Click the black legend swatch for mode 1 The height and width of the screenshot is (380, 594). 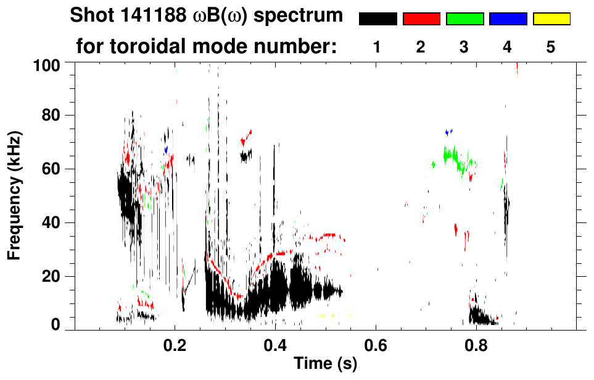[377, 19]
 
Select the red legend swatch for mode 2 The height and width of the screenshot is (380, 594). [421, 19]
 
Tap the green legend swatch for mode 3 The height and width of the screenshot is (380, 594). [464, 19]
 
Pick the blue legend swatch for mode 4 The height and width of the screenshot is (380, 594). [508, 19]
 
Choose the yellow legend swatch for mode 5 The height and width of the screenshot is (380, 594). [551, 19]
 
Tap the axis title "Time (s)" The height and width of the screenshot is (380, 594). [325, 365]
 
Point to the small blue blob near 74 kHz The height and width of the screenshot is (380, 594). [449, 132]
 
